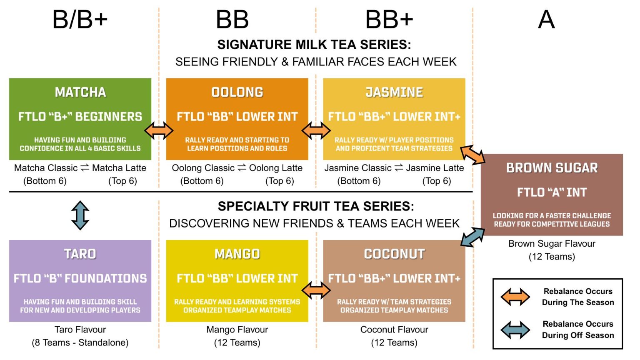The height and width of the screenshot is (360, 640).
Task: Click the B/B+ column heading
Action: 80,20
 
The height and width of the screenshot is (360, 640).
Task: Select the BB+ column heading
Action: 389,20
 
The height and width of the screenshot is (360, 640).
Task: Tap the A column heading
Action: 546,20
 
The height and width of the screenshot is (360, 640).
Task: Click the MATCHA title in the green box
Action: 80,92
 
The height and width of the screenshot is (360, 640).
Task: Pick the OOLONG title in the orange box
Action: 237,92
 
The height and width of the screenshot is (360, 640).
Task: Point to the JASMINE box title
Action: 394,92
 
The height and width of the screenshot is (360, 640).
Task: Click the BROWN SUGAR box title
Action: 552,168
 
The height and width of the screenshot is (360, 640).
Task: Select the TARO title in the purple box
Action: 80,254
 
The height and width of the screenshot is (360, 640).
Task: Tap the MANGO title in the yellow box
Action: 237,254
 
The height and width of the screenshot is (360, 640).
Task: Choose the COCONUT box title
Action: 394,254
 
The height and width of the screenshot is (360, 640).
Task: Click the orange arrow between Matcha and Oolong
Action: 159,130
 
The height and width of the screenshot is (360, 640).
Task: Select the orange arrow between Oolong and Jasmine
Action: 316,130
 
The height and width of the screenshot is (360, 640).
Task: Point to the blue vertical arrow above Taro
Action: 80,215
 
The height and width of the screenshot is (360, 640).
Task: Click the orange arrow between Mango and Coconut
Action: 316,290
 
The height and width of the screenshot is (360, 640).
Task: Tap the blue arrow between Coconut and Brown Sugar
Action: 473,237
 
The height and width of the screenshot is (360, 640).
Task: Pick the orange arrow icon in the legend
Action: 515,297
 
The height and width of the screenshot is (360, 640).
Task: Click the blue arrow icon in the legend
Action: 515,330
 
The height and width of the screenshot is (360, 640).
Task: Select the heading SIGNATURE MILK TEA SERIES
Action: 314,45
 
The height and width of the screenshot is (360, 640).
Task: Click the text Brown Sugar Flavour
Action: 552,244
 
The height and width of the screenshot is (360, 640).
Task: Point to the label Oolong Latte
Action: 276,168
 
